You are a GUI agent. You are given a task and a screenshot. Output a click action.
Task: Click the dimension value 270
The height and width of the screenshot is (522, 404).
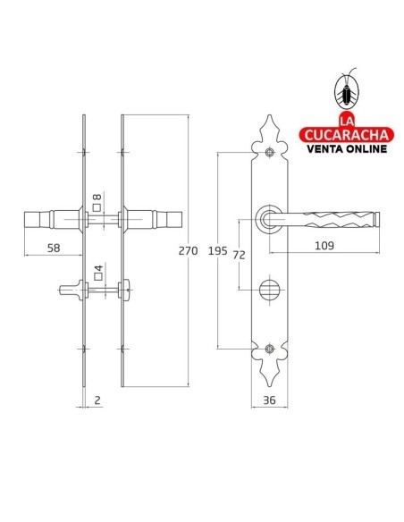pos(189,251)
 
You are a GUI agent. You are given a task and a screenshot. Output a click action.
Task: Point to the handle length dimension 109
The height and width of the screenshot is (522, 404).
pos(324,245)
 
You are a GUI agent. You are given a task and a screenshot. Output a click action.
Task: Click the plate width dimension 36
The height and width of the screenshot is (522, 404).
pos(269,400)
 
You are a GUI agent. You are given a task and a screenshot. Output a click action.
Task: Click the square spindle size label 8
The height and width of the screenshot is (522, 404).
pos(97,198)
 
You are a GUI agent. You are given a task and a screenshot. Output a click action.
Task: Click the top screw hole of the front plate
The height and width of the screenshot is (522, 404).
pos(269,152)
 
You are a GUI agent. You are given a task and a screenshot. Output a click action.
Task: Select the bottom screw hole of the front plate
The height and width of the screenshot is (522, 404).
pos(269,349)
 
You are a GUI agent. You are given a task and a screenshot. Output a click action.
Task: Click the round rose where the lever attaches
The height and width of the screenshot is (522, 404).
pos(269,217)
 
